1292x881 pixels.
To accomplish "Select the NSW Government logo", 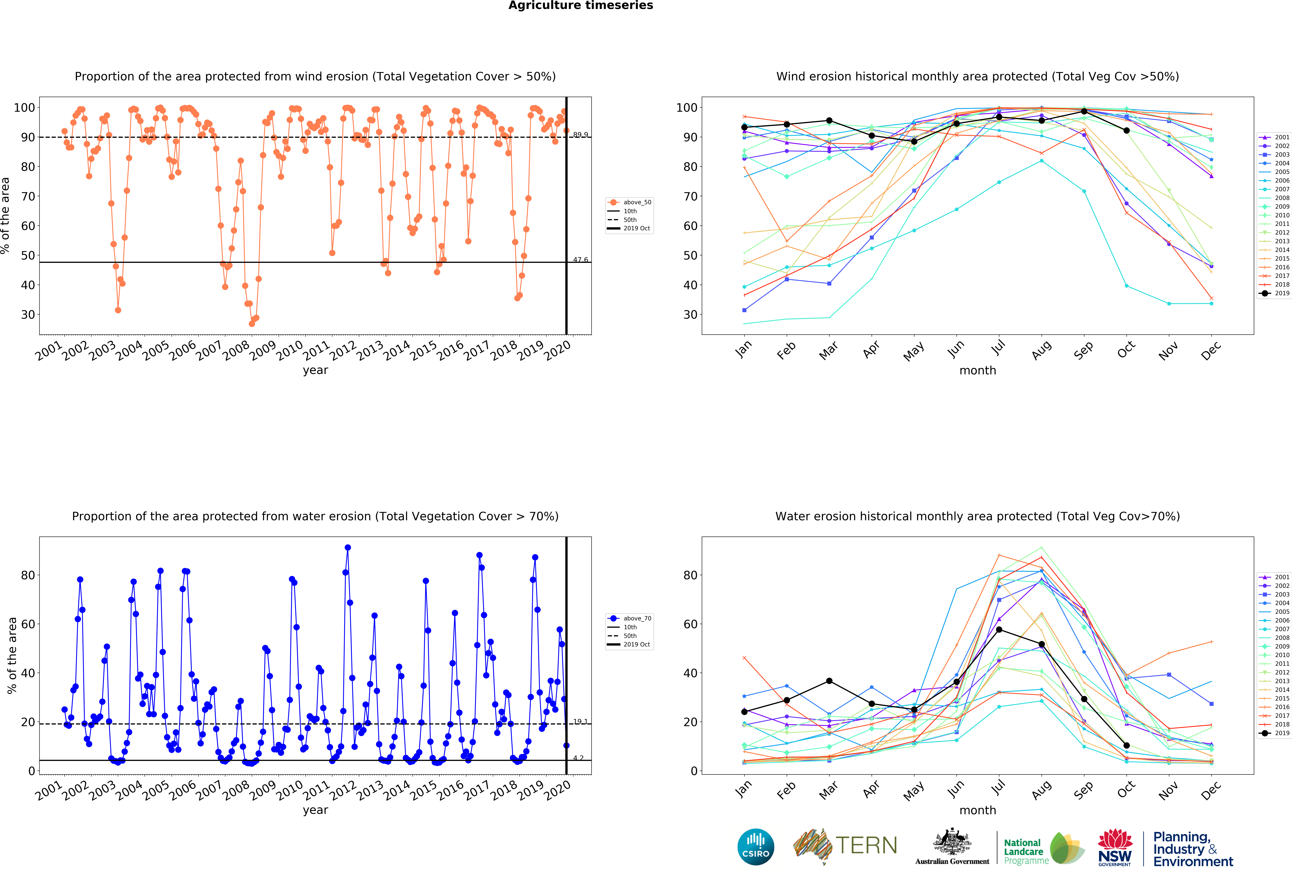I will [x=1115, y=847].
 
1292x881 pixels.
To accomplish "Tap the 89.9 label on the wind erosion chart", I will [x=580, y=135].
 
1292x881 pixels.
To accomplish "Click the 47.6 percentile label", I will [x=580, y=260].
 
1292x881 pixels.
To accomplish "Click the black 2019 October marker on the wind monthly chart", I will [x=1126, y=131].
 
